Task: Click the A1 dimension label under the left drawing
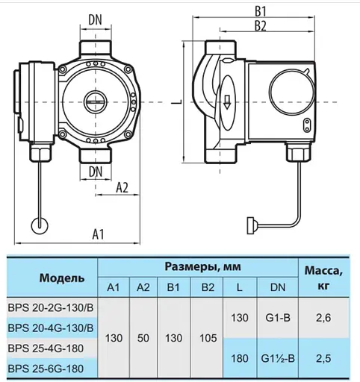point(98,235)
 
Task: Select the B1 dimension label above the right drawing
point(260,11)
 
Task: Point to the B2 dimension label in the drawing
point(260,26)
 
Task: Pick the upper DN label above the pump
point(96,18)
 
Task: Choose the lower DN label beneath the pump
point(96,171)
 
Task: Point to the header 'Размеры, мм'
point(199,266)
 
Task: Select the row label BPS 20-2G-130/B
point(50,309)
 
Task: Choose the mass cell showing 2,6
point(323,319)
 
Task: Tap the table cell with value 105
point(205,338)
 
